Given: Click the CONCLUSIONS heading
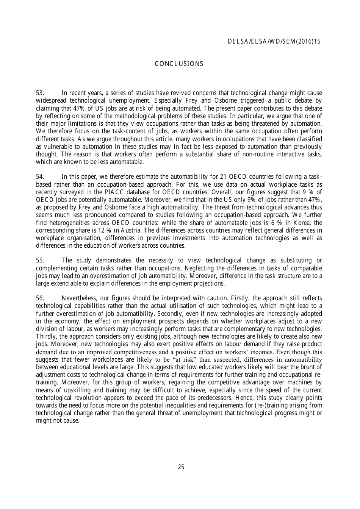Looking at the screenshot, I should (179, 64).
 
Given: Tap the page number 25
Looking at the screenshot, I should (181, 467).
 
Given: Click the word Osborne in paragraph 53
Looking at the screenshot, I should (227, 101).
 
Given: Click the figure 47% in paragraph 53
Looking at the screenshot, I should (78, 108).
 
